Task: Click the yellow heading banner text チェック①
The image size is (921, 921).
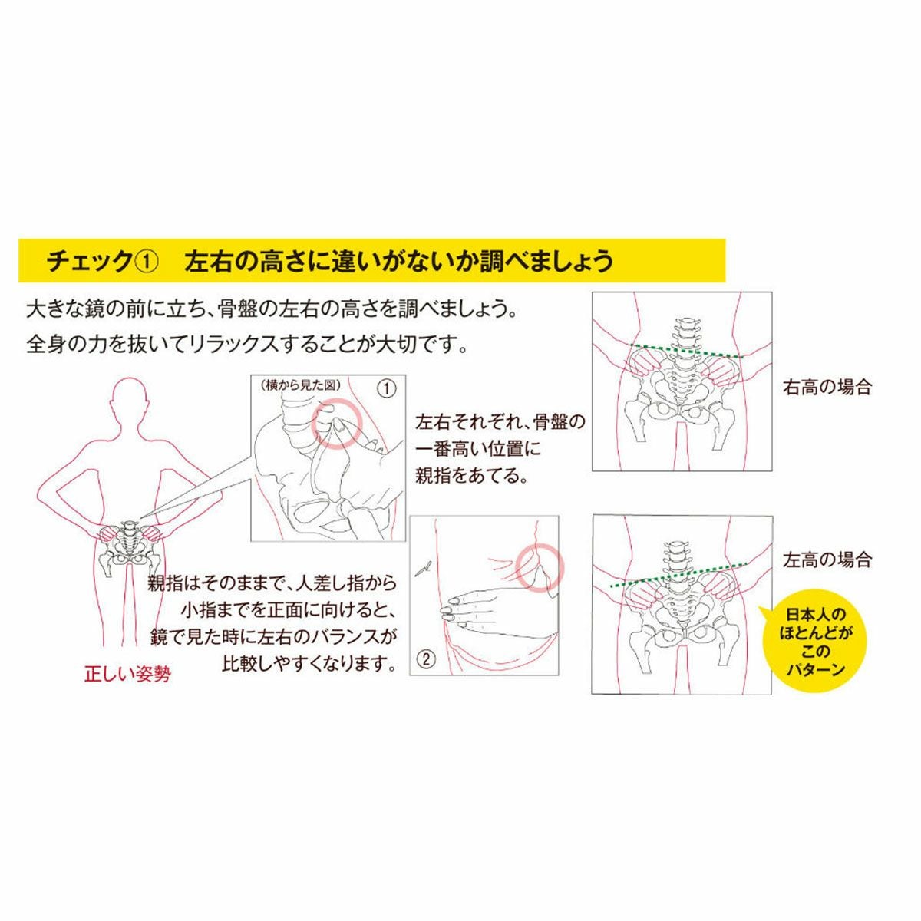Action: coord(102,262)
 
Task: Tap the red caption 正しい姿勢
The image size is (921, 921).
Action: coord(127,674)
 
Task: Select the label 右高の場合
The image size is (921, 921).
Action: coord(827,387)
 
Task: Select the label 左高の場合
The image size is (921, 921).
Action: coord(827,560)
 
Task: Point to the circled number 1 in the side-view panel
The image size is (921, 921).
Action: coord(387,390)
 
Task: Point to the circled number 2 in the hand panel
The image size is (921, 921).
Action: coord(427,659)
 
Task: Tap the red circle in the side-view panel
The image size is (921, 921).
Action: coord(337,424)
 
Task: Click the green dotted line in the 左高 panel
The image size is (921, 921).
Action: coord(677,574)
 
